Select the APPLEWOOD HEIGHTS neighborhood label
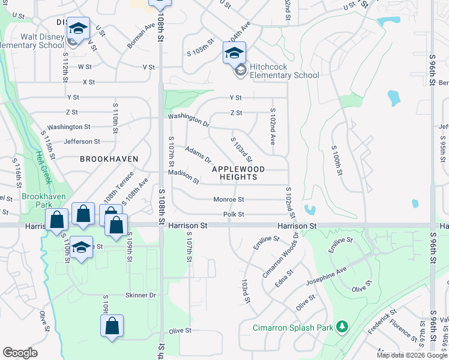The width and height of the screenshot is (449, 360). click(x=243, y=173)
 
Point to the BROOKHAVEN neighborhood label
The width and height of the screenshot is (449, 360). click(x=109, y=159)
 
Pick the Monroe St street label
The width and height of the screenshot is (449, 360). click(x=229, y=199)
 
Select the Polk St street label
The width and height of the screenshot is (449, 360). click(x=233, y=214)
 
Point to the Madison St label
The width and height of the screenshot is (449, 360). click(x=183, y=176)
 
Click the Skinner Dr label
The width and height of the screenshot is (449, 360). click(x=140, y=295)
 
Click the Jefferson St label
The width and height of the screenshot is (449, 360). click(x=82, y=142)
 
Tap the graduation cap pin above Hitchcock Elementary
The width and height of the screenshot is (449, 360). click(x=235, y=52)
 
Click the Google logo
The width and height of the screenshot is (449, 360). click(x=20, y=353)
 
